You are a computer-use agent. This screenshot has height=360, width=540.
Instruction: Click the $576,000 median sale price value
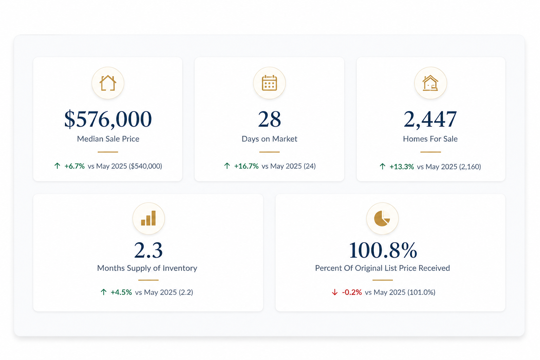click(x=108, y=119)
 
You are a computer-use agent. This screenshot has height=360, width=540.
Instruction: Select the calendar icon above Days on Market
click(x=269, y=83)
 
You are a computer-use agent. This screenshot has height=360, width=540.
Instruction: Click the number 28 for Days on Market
click(x=269, y=119)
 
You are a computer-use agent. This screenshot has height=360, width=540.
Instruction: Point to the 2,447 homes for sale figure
click(x=430, y=119)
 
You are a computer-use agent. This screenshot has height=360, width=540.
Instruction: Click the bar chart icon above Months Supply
click(x=148, y=218)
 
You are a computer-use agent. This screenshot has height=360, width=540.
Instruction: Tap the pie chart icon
click(x=382, y=218)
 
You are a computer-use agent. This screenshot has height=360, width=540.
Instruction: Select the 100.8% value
click(x=383, y=250)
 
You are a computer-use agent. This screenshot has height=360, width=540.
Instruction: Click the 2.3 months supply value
click(x=148, y=250)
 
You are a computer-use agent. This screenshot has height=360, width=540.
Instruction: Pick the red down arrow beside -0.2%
click(x=335, y=292)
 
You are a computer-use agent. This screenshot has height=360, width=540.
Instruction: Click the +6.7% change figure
click(x=75, y=166)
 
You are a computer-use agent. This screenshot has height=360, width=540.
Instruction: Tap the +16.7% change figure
click(x=246, y=166)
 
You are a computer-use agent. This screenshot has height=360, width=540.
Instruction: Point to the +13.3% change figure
click(x=401, y=167)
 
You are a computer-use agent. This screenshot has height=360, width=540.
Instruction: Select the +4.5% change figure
click(x=121, y=292)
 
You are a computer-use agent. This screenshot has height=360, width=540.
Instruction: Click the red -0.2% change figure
click(x=352, y=292)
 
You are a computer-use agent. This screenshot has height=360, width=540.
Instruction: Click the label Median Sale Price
click(x=108, y=139)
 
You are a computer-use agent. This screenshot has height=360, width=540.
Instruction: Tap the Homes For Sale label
click(x=430, y=139)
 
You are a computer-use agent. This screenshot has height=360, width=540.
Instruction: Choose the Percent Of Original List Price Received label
click(x=382, y=268)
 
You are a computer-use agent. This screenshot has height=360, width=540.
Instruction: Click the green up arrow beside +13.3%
click(x=382, y=166)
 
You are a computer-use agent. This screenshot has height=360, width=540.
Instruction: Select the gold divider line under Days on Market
click(x=269, y=152)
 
